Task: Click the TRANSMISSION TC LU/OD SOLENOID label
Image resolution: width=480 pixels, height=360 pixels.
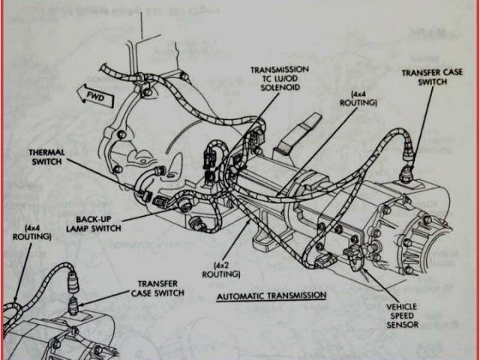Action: (x=278, y=79)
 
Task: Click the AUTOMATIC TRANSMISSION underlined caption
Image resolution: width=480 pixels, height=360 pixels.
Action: (x=271, y=295)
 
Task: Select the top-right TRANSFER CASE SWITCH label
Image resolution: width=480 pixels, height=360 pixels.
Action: (x=433, y=77)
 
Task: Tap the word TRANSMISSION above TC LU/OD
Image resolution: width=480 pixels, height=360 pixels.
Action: (x=278, y=70)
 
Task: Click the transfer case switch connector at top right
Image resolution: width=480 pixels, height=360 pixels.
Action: (x=409, y=156)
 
